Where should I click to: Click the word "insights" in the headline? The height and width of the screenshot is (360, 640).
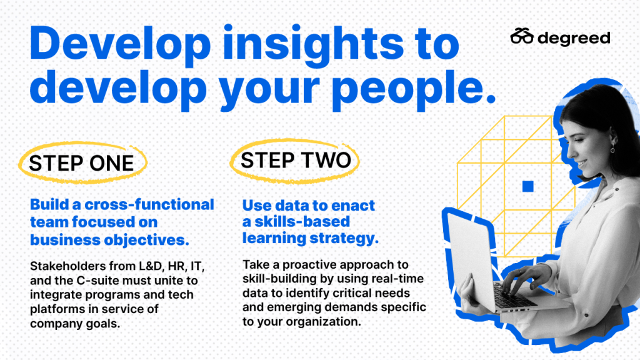313,44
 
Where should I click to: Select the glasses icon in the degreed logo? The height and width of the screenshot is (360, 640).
522,36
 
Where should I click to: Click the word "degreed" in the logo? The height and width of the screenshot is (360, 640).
574,38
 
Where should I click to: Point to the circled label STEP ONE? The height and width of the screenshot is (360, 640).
82,163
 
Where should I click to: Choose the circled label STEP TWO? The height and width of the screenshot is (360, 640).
295,160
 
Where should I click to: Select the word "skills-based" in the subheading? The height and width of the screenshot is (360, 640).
302,222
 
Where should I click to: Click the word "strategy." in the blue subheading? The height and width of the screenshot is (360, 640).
344,238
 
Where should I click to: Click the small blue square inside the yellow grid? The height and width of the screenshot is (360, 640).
527,186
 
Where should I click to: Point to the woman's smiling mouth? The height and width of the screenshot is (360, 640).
582,164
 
